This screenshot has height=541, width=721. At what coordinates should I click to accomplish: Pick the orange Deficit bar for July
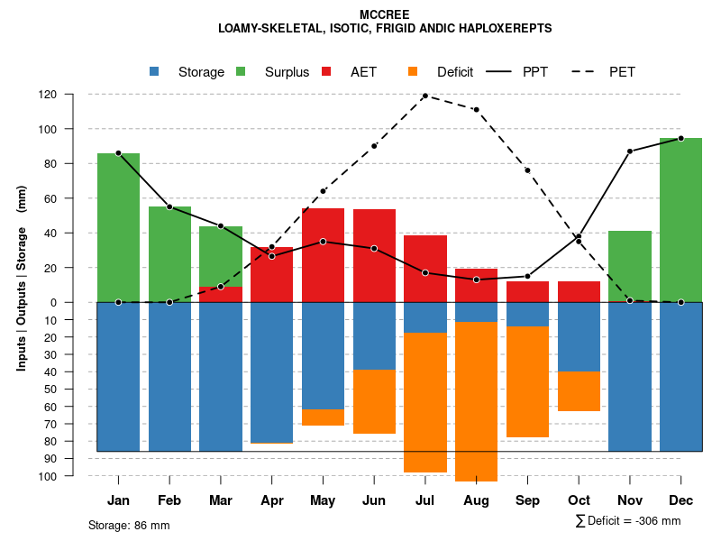(x=425, y=402)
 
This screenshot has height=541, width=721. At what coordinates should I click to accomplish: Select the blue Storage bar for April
(x=271, y=372)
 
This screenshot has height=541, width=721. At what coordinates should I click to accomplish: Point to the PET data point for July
(x=424, y=96)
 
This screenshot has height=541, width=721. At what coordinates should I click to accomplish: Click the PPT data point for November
(x=630, y=151)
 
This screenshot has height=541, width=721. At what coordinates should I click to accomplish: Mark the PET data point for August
(x=476, y=110)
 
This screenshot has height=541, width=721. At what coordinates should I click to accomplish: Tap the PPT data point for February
(x=169, y=207)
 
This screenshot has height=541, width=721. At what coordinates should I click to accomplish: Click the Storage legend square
(x=154, y=72)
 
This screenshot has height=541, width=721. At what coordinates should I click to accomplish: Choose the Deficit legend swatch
(x=413, y=72)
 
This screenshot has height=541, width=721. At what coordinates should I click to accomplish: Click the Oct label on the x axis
(x=579, y=500)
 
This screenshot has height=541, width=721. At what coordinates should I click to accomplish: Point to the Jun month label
(x=374, y=500)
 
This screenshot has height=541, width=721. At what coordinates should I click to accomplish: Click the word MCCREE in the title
(x=385, y=15)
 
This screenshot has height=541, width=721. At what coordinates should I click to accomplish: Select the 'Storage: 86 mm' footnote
(x=129, y=525)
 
